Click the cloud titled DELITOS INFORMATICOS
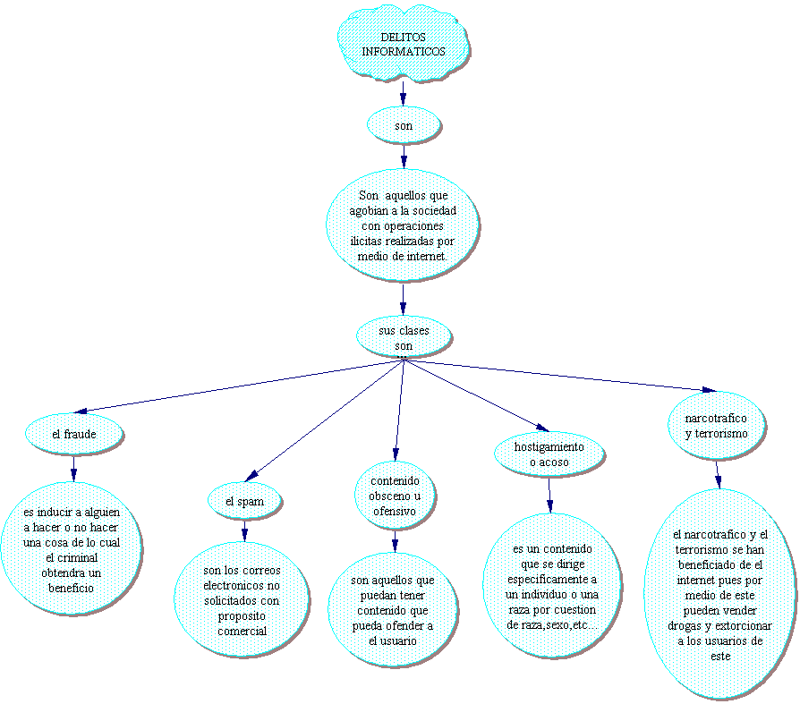click(404, 44)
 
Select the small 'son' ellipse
click(404, 126)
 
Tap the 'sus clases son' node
click(404, 337)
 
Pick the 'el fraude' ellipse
click(73, 435)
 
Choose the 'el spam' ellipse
click(244, 502)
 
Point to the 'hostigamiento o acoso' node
click(549, 454)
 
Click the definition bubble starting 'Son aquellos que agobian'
click(403, 225)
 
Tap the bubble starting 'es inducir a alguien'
click(72, 549)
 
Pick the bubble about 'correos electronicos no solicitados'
click(242, 599)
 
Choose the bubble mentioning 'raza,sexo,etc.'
click(551, 586)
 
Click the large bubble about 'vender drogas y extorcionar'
click(720, 595)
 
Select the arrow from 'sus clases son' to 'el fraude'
click(237, 386)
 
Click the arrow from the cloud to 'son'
click(404, 93)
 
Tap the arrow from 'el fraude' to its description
click(73, 468)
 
